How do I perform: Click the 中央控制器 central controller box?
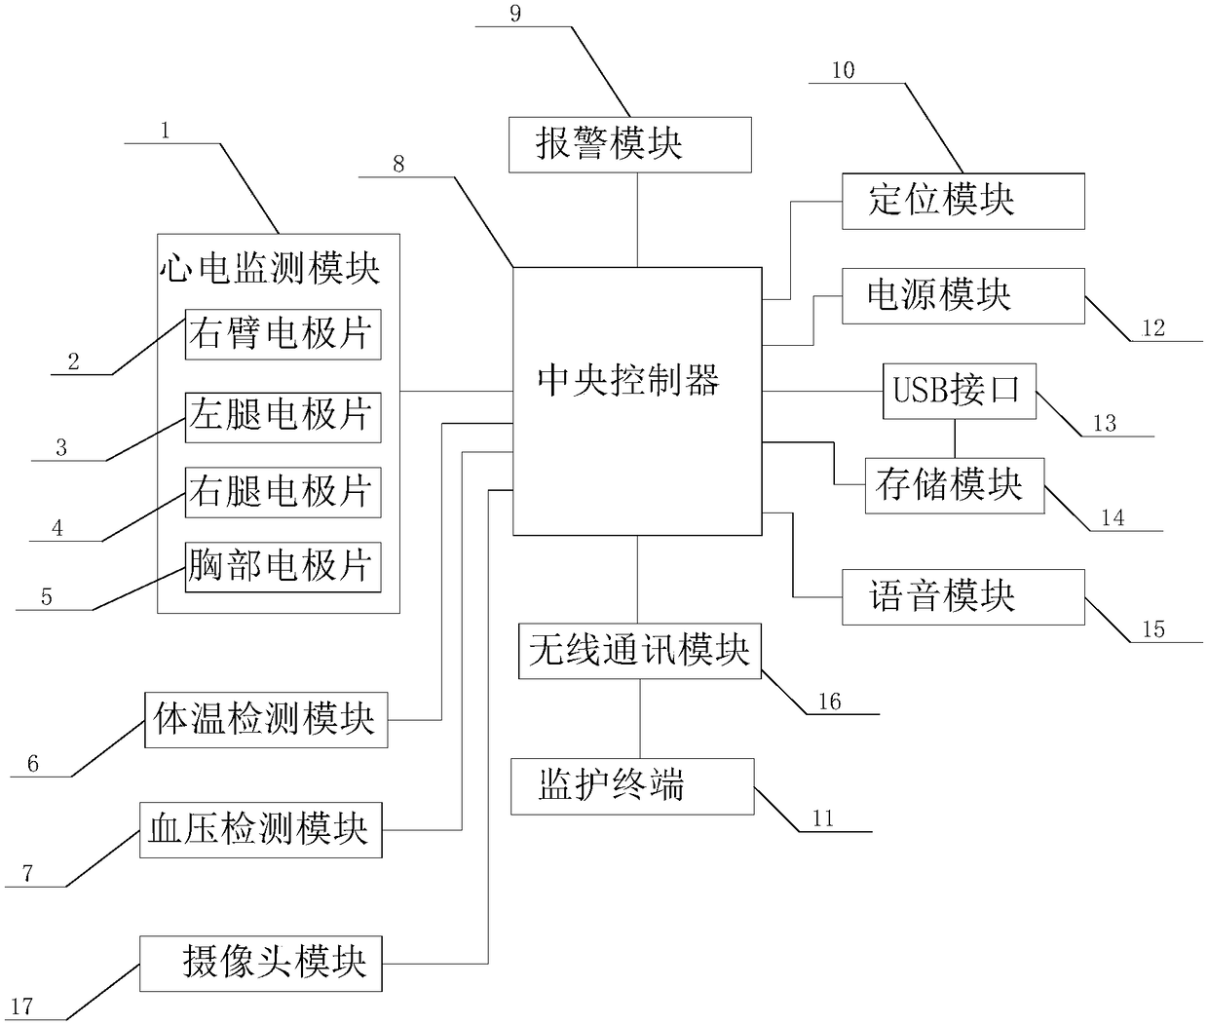637,399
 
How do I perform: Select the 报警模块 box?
630,144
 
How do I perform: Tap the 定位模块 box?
963,202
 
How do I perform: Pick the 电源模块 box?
963,296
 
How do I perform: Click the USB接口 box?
959,392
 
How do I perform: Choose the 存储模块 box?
954,485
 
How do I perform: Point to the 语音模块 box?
963,597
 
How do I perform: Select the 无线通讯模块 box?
639,651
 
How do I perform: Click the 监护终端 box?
632,787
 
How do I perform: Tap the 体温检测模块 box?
265,720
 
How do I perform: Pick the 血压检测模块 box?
260,830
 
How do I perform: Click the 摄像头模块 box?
260,963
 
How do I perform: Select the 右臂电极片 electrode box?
283,335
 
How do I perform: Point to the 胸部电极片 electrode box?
283,567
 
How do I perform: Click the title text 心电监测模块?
270,267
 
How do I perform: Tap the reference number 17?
21,1007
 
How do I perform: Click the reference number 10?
843,70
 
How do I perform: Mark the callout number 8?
398,164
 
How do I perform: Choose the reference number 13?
1104,423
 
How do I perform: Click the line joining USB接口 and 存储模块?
955,438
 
